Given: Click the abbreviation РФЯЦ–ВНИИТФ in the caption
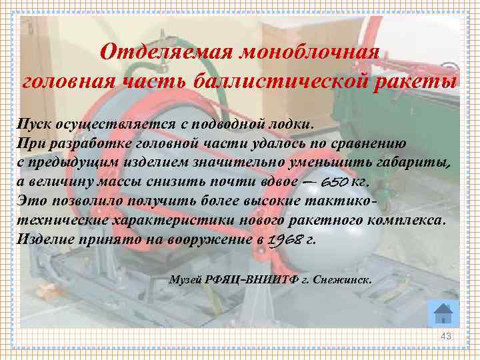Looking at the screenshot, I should point(252,279).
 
